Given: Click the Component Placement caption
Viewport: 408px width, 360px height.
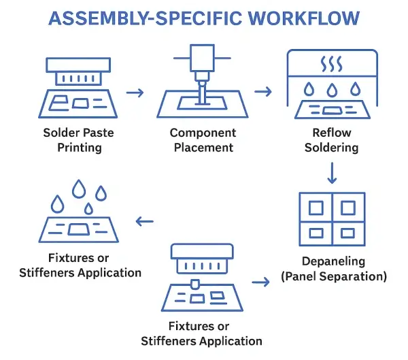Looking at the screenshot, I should point(203,140).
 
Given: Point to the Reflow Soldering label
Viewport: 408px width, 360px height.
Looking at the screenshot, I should point(331,140).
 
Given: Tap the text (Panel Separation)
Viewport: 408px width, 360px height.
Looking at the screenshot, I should point(332,276).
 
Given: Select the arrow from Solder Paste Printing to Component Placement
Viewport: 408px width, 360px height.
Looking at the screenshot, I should point(135,92).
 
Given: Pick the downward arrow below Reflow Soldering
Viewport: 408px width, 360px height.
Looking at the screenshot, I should point(332,173).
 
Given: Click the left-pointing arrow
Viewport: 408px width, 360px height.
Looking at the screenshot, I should point(144,220).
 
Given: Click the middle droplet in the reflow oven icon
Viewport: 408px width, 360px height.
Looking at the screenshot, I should point(331,91).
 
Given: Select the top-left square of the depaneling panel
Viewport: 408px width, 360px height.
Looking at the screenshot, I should point(315,207).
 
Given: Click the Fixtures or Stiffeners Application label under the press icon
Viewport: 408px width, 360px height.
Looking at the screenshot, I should point(201,334).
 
